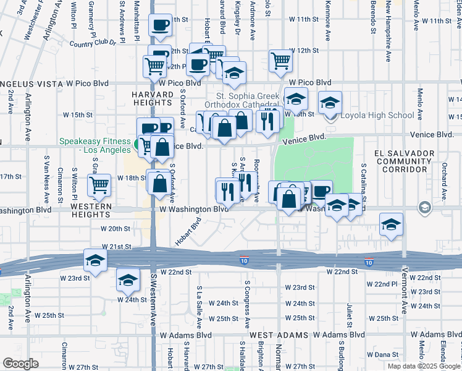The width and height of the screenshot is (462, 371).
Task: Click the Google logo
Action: coord(20,364)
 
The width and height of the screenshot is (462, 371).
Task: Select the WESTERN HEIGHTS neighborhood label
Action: coord(91,210)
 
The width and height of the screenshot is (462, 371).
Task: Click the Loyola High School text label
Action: coord(377,115)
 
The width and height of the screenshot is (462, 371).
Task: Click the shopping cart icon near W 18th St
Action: coord(99,184)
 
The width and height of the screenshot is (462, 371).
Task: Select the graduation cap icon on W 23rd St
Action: coord(95,260)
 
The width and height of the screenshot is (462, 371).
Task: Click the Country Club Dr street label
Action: coord(93,43)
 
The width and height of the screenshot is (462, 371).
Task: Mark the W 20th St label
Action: coord(113,228)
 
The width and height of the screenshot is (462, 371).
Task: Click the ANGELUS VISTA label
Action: coord(31,82)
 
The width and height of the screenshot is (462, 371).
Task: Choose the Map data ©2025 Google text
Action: coord(423,365)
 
